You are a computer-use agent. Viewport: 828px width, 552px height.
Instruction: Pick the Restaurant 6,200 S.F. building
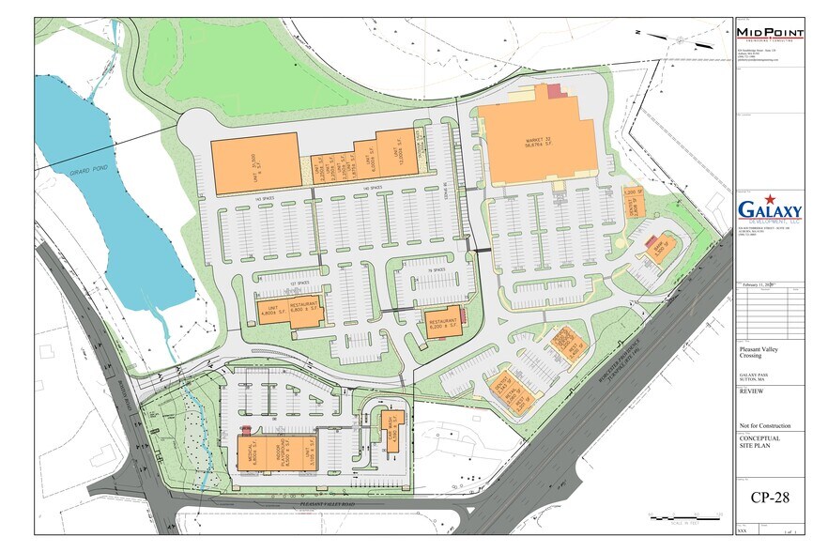[x=443, y=322]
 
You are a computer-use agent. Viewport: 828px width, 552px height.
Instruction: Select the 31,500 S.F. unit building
[x=254, y=163]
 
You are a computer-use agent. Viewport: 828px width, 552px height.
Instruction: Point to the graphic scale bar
[x=684, y=515]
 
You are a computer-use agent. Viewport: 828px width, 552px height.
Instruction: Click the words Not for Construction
[x=763, y=425]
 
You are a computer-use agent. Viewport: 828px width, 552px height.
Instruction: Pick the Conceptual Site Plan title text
[x=759, y=442]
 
